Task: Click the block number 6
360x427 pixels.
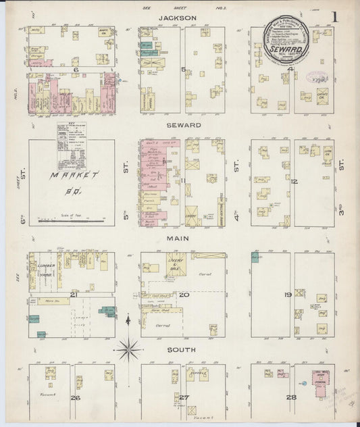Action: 76,70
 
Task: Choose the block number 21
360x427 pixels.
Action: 73,295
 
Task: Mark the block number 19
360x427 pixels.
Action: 288,295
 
